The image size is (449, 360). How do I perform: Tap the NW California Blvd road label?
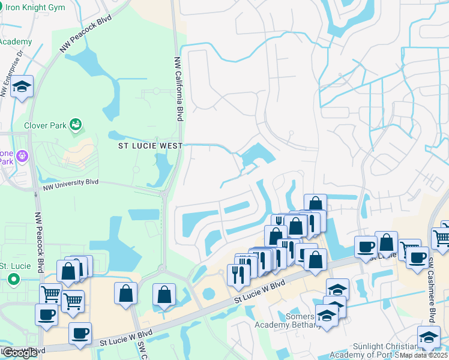point(178,89)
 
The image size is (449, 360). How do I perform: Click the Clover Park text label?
point(44,126)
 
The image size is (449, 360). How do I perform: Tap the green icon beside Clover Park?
point(76,125)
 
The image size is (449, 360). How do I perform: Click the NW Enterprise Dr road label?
point(11,73)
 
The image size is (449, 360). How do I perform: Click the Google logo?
point(19,352)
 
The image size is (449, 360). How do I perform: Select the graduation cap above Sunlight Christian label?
point(428,337)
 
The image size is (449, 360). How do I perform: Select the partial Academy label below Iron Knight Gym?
point(15,41)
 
